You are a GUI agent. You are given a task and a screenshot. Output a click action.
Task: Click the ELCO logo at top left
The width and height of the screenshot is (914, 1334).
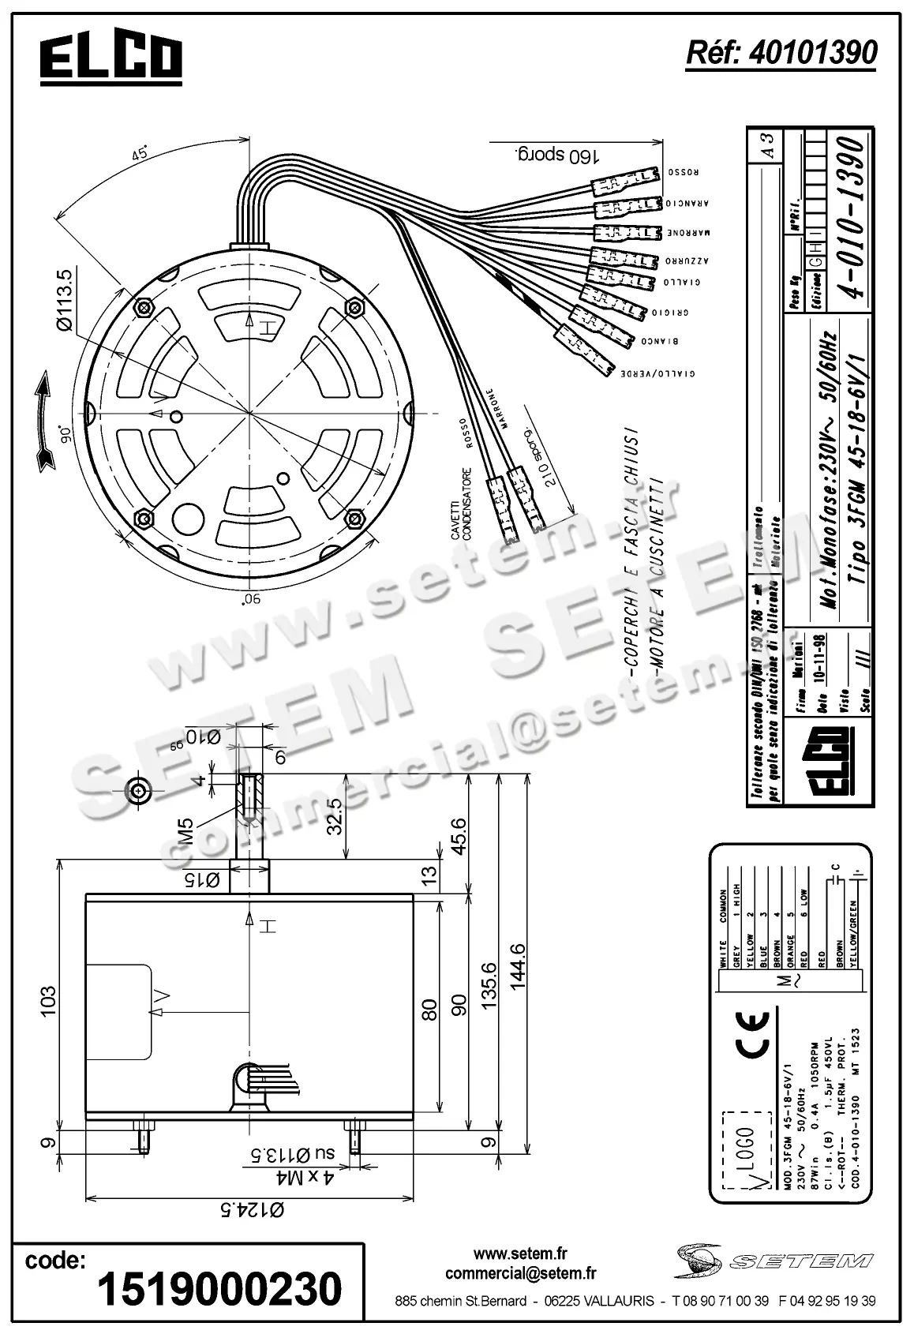click(111, 59)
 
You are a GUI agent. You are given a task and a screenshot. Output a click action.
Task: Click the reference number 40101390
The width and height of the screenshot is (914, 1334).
click(781, 52)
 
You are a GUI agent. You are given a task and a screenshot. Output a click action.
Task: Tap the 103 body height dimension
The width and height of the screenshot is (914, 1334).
click(49, 1001)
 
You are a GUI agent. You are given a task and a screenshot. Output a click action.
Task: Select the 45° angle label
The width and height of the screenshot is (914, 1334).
click(140, 153)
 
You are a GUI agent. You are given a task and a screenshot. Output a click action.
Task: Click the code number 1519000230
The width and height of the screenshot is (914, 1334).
click(219, 1288)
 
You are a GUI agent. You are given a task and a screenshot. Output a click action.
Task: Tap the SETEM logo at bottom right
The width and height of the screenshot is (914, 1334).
click(774, 1261)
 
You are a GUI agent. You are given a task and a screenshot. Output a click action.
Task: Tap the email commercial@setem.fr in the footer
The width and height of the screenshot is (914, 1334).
click(520, 1273)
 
